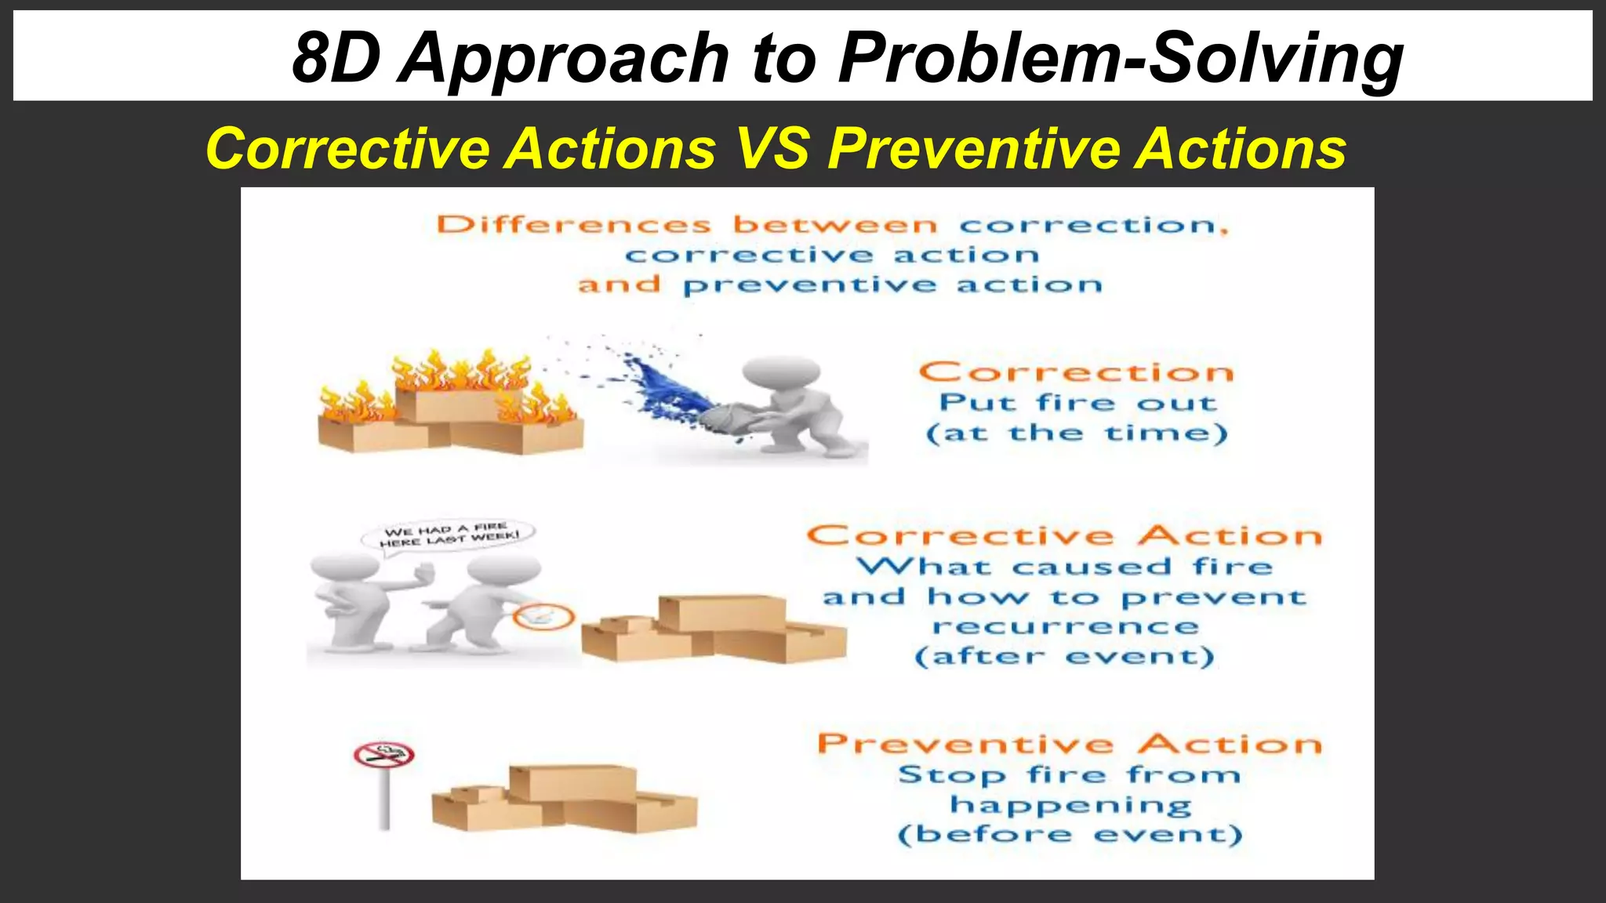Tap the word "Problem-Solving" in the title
point(1121,60)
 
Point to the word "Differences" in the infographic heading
point(574,226)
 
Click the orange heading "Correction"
point(1076,372)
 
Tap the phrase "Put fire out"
point(1078,403)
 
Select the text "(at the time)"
point(1077,433)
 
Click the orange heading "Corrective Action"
point(1064,536)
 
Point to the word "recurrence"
point(1066,626)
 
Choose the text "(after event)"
point(1064,656)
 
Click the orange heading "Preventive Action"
point(1070,744)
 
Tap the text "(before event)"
point(1070,834)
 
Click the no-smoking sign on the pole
point(384,756)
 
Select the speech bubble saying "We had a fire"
point(448,535)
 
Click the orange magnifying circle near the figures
point(543,617)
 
